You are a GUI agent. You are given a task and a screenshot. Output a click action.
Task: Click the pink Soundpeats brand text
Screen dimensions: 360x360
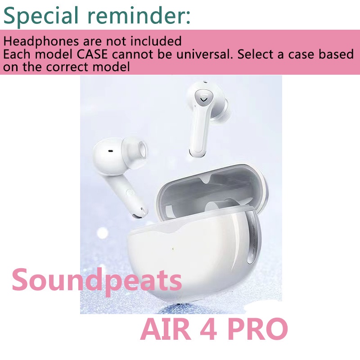pyautogui.click(x=97, y=280)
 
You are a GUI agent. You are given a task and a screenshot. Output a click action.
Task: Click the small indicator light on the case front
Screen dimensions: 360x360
pyautogui.click(x=173, y=249)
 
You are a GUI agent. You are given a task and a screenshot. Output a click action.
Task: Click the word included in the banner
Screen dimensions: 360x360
pyautogui.click(x=155, y=41)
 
